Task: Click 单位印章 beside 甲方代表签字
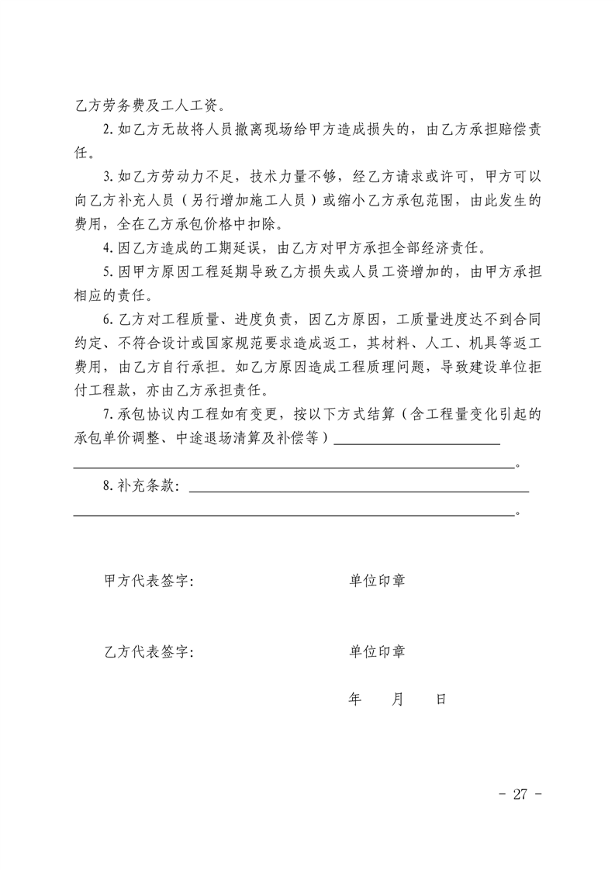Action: point(377,581)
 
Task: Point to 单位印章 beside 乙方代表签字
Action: point(377,651)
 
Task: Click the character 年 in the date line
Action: point(355,699)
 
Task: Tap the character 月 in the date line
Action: point(398,699)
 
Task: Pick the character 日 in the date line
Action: point(441,699)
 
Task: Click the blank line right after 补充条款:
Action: point(358,489)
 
